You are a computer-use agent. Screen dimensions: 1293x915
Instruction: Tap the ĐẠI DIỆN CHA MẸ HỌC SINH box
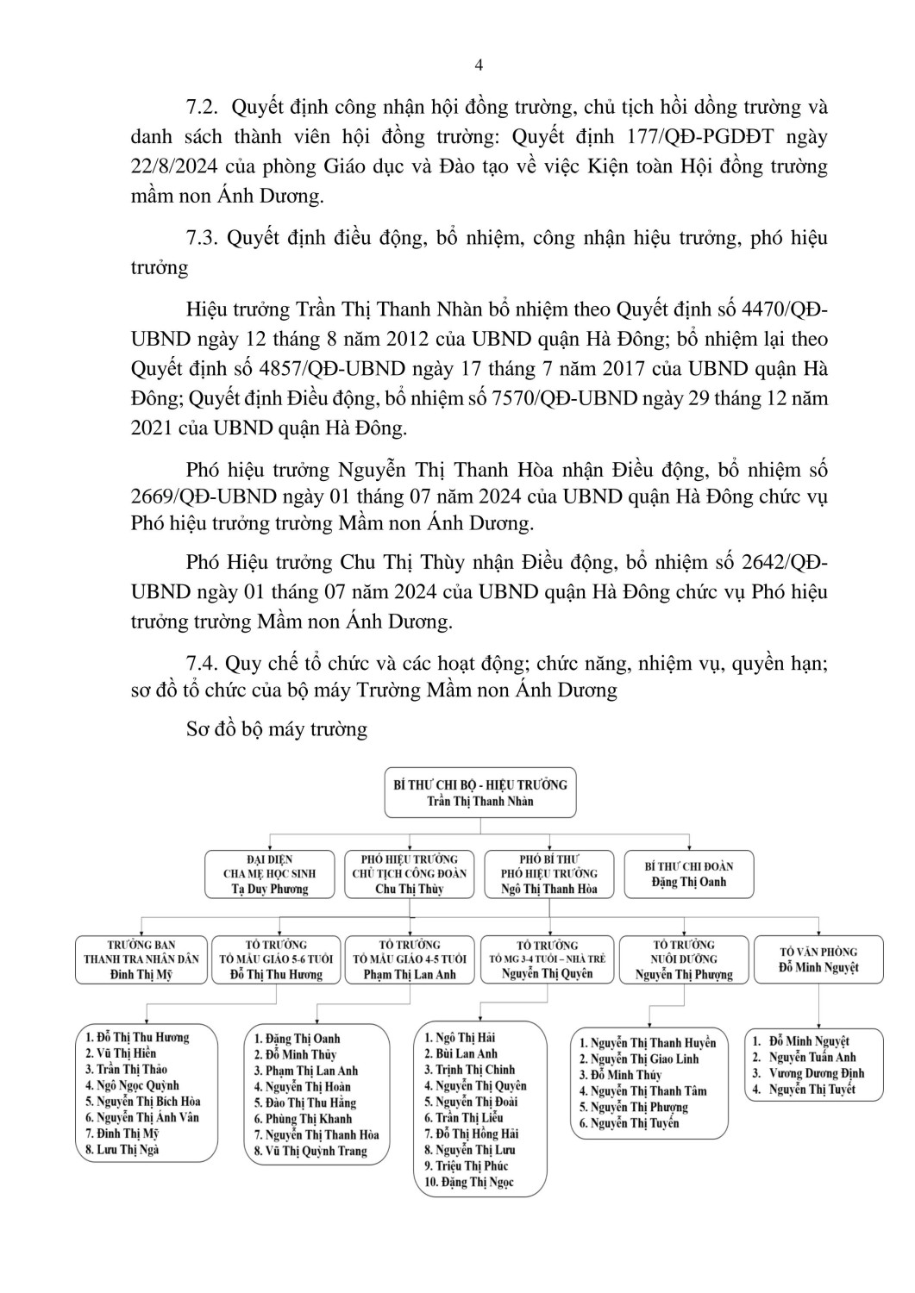click(x=269, y=873)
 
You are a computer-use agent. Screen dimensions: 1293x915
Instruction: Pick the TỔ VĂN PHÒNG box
click(x=818, y=959)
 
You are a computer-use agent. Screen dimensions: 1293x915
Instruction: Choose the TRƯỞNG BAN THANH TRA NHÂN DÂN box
click(x=141, y=959)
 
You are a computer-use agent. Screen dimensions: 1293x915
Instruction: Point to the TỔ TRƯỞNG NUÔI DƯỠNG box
click(x=684, y=959)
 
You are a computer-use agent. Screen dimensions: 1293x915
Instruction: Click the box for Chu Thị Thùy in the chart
click(x=410, y=873)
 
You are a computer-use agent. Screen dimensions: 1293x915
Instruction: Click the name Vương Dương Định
click(x=816, y=1073)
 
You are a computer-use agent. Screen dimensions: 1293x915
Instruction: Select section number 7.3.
click(x=204, y=238)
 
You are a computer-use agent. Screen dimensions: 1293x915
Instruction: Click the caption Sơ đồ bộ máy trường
click(x=277, y=729)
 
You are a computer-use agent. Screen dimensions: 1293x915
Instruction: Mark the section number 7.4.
click(x=204, y=663)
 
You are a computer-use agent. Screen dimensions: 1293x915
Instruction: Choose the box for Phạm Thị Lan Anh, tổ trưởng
click(x=410, y=959)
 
